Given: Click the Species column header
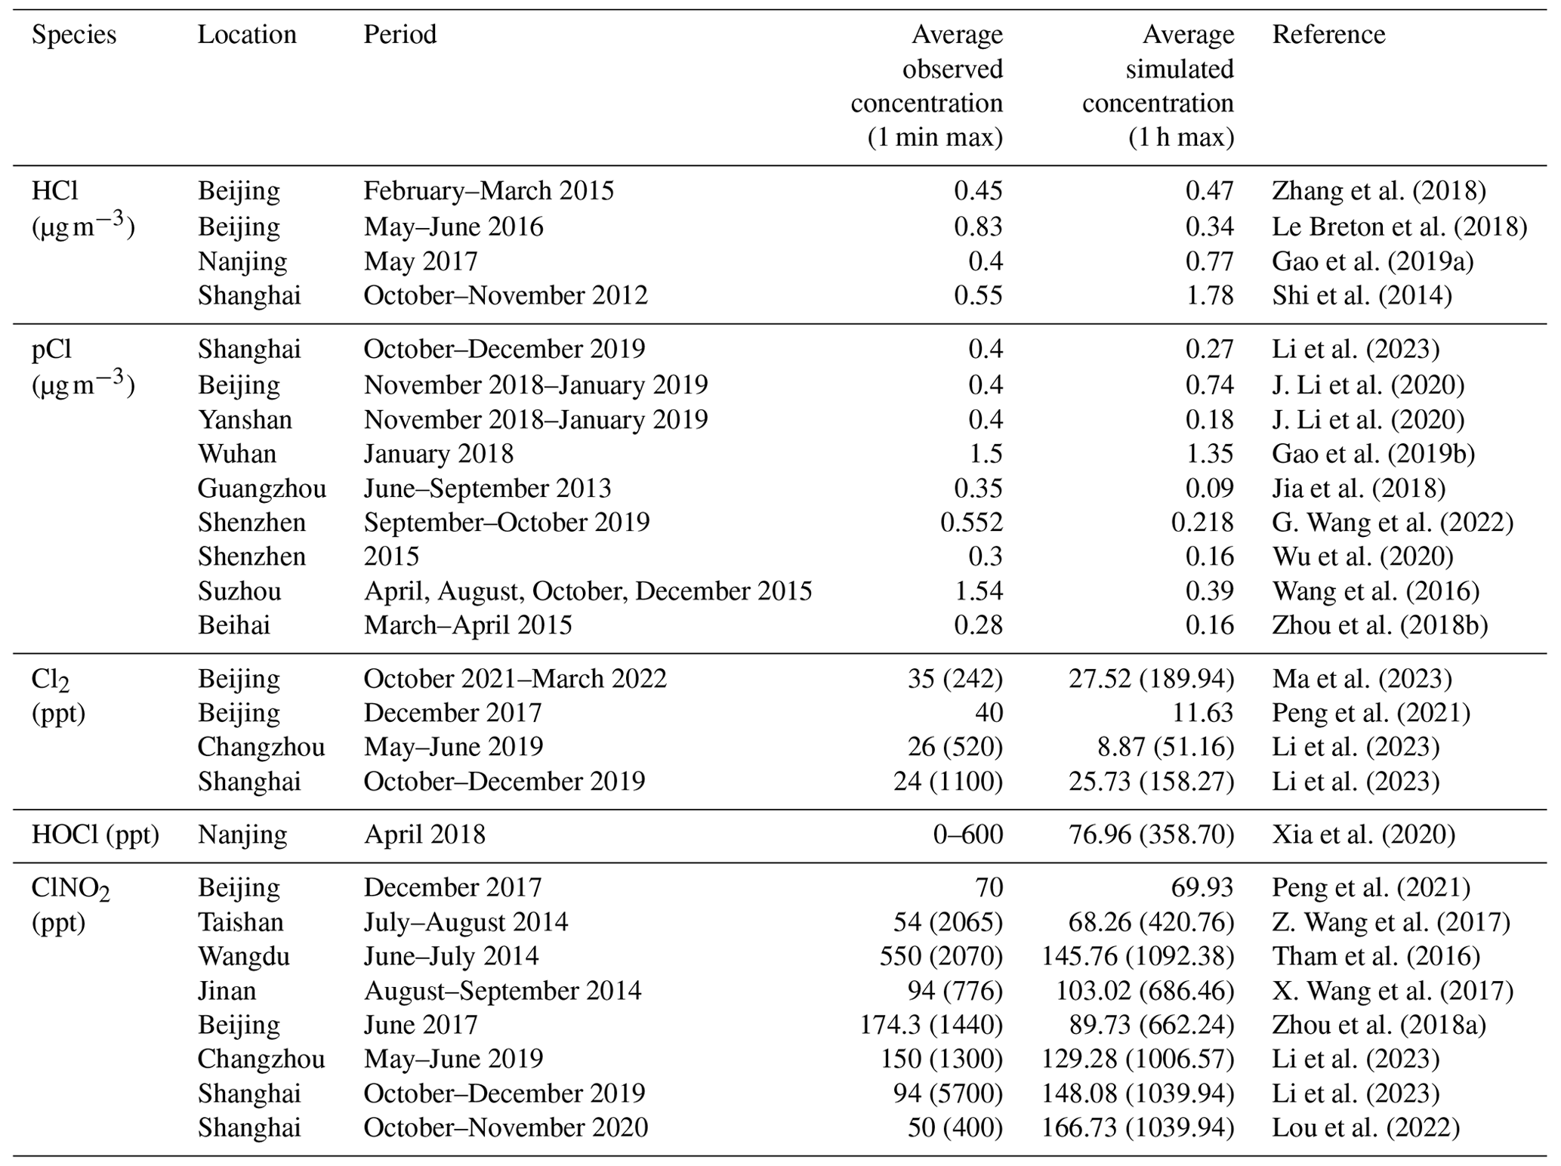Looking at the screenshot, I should pos(73,35).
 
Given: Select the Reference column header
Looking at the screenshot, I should pos(1328,35).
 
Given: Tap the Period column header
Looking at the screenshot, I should pos(400,35).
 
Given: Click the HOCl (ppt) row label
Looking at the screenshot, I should pos(95,834).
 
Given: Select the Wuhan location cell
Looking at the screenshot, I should pos(236,454).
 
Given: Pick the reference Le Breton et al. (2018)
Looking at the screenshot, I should pos(1399,227).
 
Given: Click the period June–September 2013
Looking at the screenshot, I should pos(487,489).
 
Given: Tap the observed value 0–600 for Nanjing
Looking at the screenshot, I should pos(967,834).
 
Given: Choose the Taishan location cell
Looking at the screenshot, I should pos(240,922).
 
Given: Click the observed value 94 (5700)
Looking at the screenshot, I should pos(948,1094).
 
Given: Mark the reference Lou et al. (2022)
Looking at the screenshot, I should pos(1365,1127).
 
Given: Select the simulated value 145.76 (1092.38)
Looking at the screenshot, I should pos(1137,956).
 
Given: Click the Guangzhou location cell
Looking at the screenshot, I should pos(261,489).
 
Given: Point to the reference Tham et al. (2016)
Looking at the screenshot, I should pos(1375,956).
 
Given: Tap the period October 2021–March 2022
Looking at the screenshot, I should pos(515,678).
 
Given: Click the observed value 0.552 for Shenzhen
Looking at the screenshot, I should pos(971,523).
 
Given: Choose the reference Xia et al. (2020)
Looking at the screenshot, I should pos(1363,834).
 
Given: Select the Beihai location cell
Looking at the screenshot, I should pos(233,625).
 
